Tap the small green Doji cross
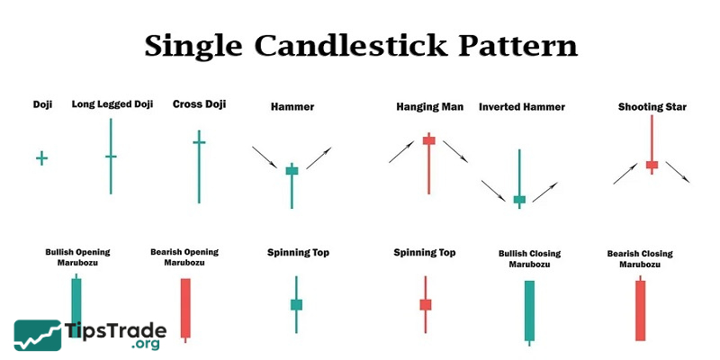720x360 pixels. point(41,158)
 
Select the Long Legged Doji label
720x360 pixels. point(112,104)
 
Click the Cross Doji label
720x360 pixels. point(199,104)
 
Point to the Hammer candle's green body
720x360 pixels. point(292,171)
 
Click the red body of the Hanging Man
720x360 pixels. point(429,140)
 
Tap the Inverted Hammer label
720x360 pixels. point(522,107)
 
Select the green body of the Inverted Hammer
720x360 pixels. point(519,199)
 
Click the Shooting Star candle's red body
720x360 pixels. point(652,165)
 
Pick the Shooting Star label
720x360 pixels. point(652,107)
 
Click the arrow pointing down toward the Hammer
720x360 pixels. point(265,157)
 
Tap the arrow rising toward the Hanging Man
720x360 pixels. point(401,151)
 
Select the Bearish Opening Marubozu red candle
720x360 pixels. point(185,310)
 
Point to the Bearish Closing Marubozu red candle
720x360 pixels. point(640,308)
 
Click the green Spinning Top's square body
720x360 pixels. point(296,304)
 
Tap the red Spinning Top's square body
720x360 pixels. point(426,304)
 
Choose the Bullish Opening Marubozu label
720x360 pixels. point(77,257)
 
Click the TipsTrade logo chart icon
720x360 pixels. point(38,335)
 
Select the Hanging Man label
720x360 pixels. point(430,107)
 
